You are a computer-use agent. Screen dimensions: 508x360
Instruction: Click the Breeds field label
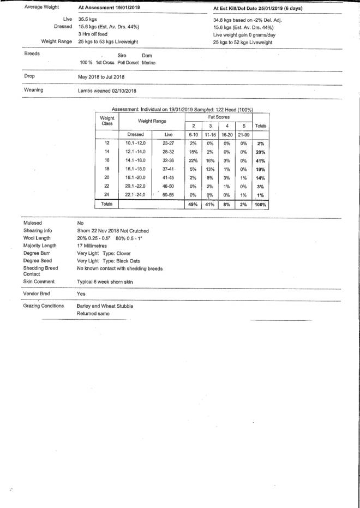click(x=32, y=55)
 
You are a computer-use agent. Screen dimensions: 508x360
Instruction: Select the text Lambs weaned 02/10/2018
click(x=107, y=91)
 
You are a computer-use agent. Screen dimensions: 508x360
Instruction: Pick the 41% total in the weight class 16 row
click(x=261, y=162)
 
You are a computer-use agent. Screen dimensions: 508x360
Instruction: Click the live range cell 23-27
click(x=168, y=143)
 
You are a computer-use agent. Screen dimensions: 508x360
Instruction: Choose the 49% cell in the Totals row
click(x=192, y=204)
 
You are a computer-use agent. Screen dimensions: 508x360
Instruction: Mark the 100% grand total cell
click(x=261, y=204)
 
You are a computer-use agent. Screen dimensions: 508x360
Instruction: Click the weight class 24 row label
click(x=107, y=195)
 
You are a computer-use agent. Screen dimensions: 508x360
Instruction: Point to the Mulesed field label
click(x=33, y=224)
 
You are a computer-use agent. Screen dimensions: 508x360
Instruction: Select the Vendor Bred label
click(x=38, y=294)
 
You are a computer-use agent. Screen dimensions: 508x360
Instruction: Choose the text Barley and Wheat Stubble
click(x=105, y=306)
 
